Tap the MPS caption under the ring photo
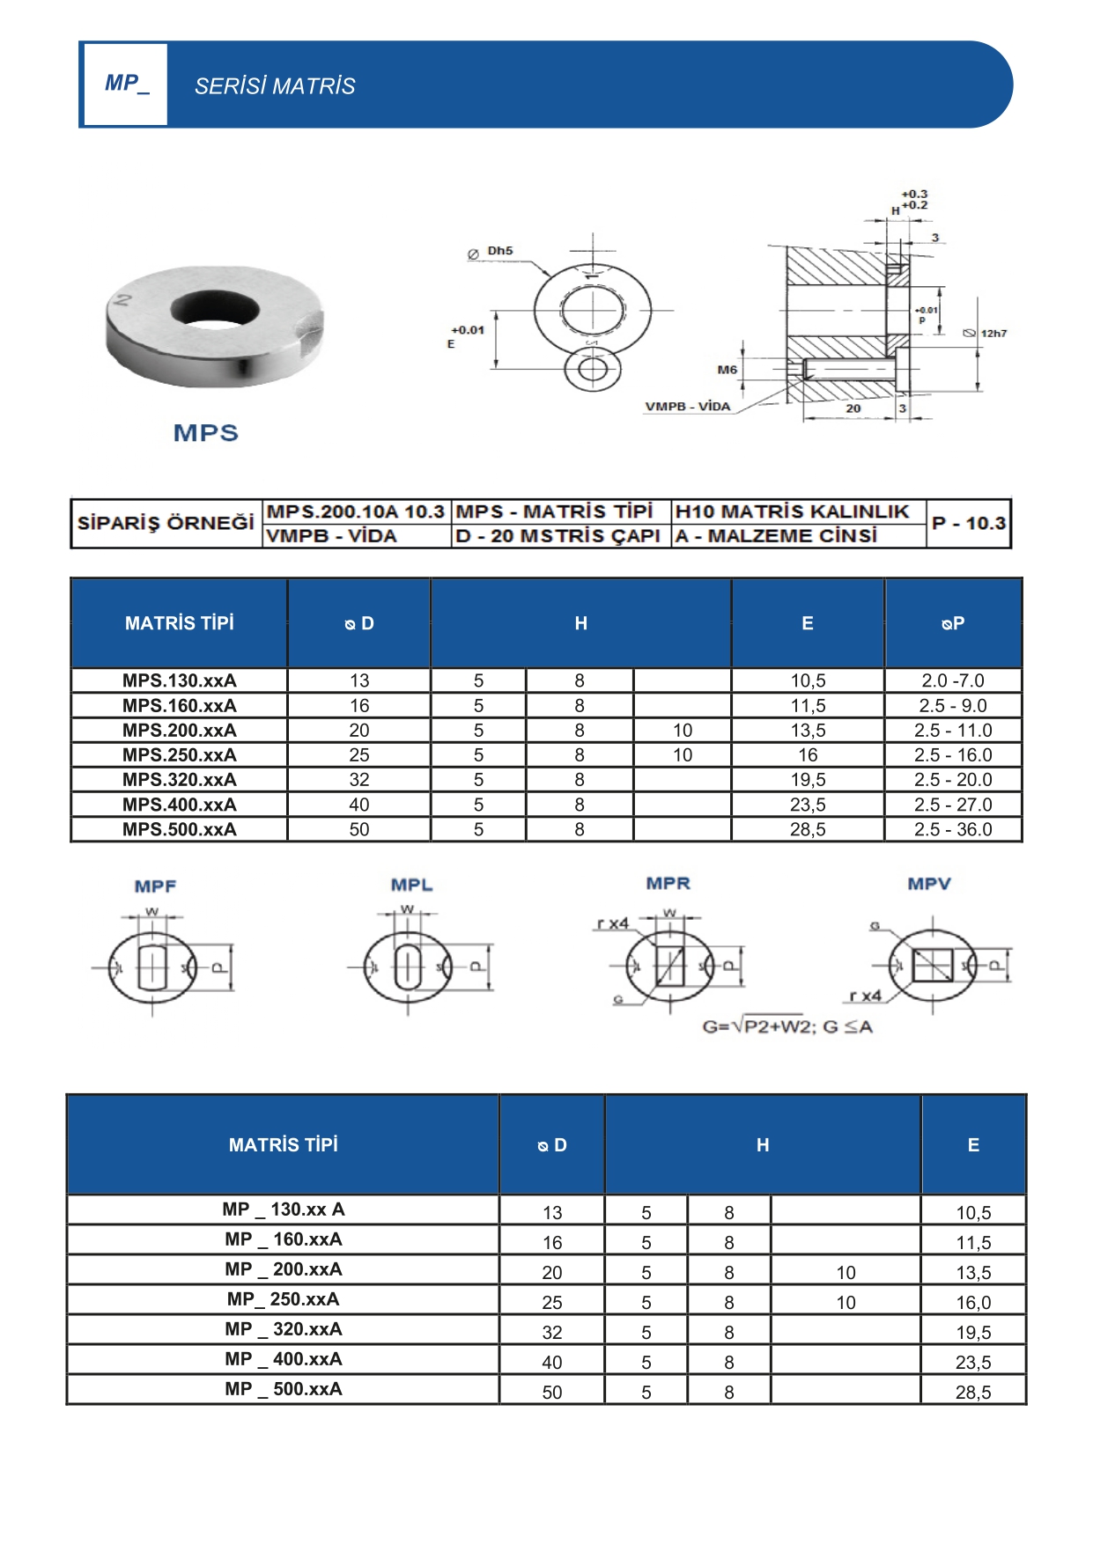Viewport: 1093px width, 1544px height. [x=206, y=433]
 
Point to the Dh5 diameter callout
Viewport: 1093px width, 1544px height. [x=499, y=251]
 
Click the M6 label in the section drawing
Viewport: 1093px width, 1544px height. [x=727, y=370]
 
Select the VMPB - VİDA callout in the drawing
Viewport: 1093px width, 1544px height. [x=687, y=407]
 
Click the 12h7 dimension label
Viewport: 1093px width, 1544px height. [x=993, y=334]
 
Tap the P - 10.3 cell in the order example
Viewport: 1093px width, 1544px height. [x=968, y=523]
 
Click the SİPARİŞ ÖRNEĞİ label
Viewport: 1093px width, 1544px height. [x=166, y=523]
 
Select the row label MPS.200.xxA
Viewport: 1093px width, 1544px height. [x=180, y=730]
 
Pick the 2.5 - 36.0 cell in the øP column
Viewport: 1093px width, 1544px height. [x=953, y=829]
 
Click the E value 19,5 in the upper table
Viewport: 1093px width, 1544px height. [x=808, y=780]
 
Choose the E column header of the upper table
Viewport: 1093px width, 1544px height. [x=808, y=623]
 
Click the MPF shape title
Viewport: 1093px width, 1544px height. [x=155, y=886]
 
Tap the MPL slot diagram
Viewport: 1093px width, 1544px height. [x=408, y=967]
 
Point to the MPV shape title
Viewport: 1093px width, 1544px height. [x=929, y=884]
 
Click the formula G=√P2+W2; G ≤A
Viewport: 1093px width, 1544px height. [x=787, y=1026]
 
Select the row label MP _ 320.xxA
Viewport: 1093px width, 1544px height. [x=283, y=1329]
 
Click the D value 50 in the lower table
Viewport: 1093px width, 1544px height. [x=552, y=1393]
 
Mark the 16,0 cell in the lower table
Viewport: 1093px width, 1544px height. [x=973, y=1303]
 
